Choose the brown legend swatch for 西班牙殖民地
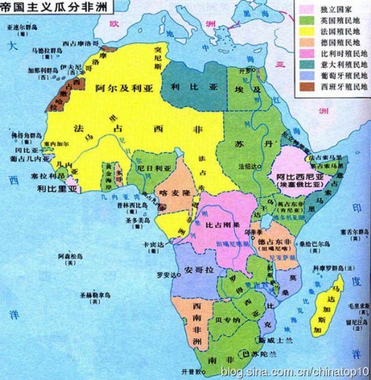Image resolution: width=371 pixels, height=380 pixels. (x=307, y=87)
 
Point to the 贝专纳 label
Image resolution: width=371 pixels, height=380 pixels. (x=227, y=319)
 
